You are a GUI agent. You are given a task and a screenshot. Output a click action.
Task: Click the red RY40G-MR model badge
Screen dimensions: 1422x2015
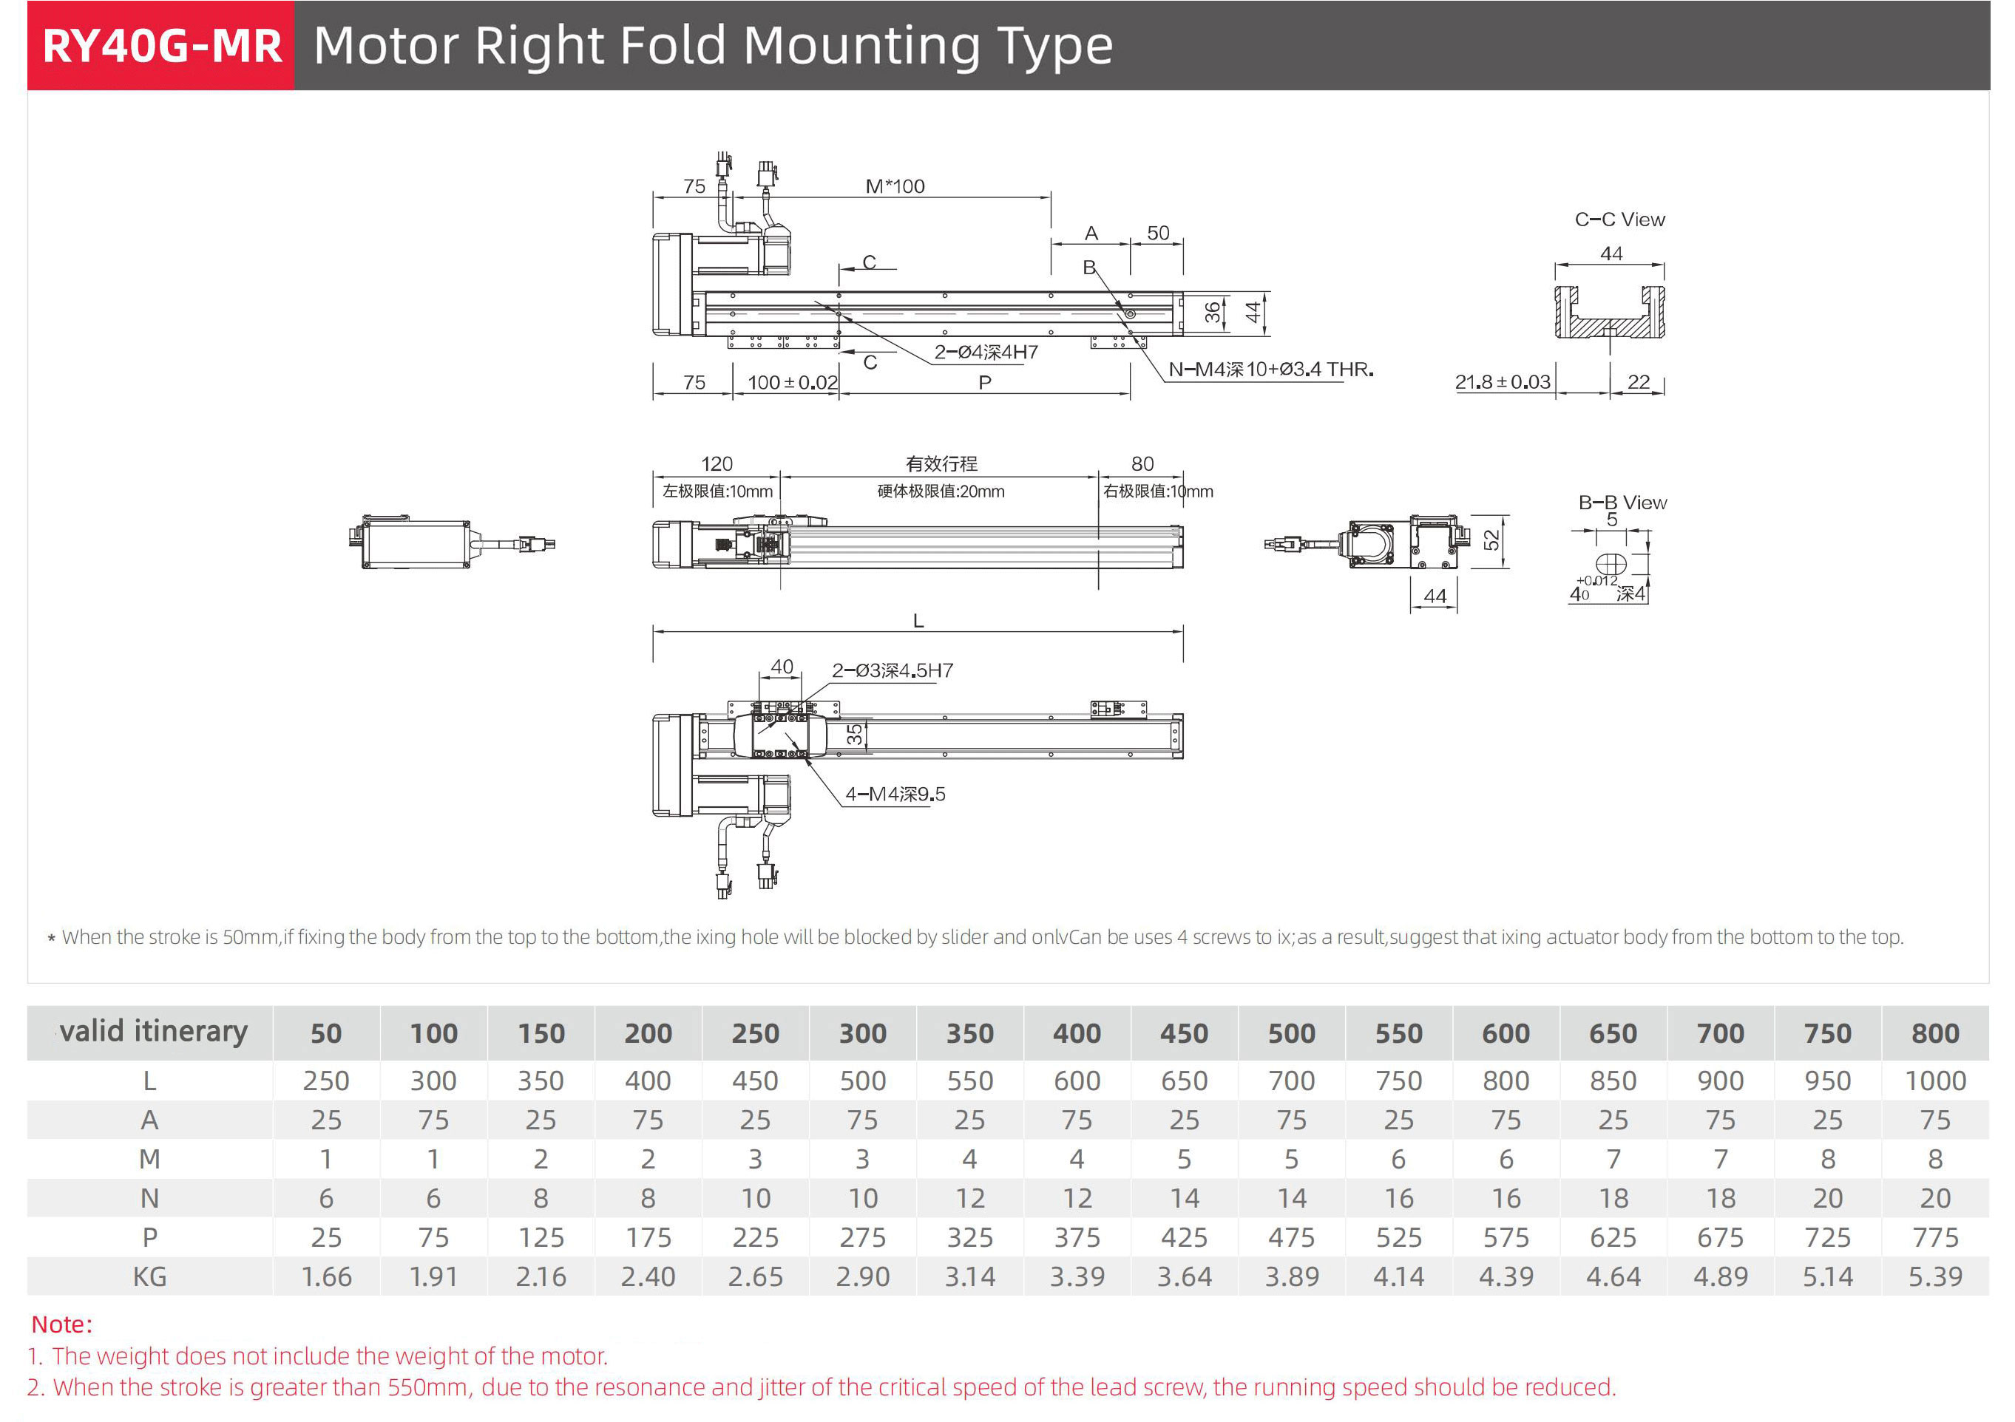point(161,46)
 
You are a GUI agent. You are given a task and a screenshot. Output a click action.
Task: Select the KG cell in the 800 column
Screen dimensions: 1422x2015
point(1934,1276)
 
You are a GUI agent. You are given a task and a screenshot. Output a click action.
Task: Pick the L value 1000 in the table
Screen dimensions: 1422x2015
point(1934,1081)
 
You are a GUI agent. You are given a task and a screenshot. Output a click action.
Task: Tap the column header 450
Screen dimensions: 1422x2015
point(1184,1033)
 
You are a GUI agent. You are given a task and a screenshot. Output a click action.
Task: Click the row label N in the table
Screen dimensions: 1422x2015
point(149,1198)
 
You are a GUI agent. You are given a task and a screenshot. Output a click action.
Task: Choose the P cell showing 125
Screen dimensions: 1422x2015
point(541,1238)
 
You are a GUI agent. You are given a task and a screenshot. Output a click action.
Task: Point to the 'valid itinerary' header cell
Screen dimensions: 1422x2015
point(153,1032)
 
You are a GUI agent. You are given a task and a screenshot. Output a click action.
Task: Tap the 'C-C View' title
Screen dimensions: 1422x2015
point(1619,220)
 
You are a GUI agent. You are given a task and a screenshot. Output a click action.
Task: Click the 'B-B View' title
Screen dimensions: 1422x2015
point(1622,503)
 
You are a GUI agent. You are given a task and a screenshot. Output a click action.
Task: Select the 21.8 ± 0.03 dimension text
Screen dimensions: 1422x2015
point(1503,382)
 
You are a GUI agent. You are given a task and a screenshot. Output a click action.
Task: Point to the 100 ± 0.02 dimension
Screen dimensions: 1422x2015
point(792,382)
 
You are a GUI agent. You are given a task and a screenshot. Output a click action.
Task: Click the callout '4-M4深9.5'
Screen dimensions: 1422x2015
point(895,794)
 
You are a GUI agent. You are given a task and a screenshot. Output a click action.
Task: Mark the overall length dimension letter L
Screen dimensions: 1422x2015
point(918,621)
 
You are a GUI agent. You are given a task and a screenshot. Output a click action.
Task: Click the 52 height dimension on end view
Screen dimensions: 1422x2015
point(1491,540)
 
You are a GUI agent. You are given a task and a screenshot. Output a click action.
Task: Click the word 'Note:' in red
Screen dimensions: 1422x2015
point(61,1324)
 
